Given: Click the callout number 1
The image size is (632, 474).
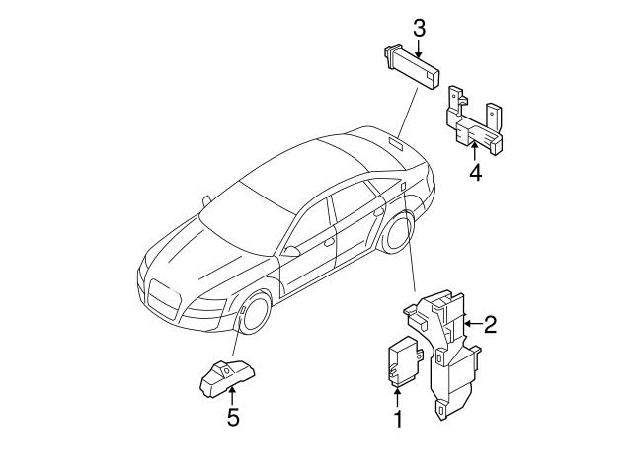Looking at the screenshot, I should tap(398, 420).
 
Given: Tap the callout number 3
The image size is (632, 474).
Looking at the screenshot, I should tap(419, 28).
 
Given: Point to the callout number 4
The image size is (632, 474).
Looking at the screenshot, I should tap(475, 173).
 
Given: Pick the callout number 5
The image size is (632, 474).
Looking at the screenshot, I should tap(232, 417).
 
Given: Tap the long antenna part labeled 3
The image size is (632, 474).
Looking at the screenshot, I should tap(412, 67).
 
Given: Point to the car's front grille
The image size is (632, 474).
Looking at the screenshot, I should tap(163, 298).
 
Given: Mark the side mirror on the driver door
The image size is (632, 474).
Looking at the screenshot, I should tap(290, 252).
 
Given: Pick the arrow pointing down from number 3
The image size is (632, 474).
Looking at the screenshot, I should tap(419, 45).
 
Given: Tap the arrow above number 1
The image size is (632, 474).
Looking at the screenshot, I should tap(398, 398).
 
